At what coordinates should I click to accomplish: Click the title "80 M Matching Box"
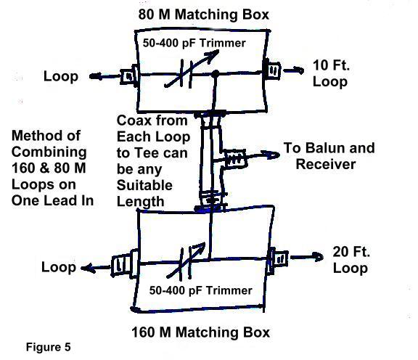pyautogui.click(x=204, y=14)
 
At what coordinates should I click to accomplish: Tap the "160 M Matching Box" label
pyautogui.click(x=201, y=332)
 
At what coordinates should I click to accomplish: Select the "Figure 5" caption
pyautogui.click(x=48, y=347)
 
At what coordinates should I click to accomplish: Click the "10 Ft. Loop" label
pyautogui.click(x=331, y=73)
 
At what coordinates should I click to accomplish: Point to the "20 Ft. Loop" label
pyautogui.click(x=351, y=260)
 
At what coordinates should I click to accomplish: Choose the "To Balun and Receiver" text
pyautogui.click(x=329, y=156)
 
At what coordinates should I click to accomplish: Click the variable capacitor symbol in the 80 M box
pyautogui.click(x=190, y=70)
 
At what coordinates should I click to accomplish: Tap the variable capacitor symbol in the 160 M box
pyautogui.click(x=187, y=261)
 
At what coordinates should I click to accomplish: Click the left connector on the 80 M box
pyautogui.click(x=129, y=76)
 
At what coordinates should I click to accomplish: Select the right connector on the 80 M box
pyautogui.click(x=271, y=70)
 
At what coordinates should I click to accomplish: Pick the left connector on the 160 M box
pyautogui.click(x=125, y=264)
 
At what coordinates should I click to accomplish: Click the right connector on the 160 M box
pyautogui.click(x=278, y=259)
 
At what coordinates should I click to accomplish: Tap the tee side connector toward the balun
pyautogui.click(x=235, y=159)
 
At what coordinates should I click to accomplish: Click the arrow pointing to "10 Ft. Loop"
pyautogui.click(x=293, y=70)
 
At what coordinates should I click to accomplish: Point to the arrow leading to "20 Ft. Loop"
pyautogui.click(x=306, y=257)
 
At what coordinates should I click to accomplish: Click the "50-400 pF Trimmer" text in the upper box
pyautogui.click(x=194, y=43)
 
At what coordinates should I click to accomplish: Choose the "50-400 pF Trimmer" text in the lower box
pyautogui.click(x=200, y=290)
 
